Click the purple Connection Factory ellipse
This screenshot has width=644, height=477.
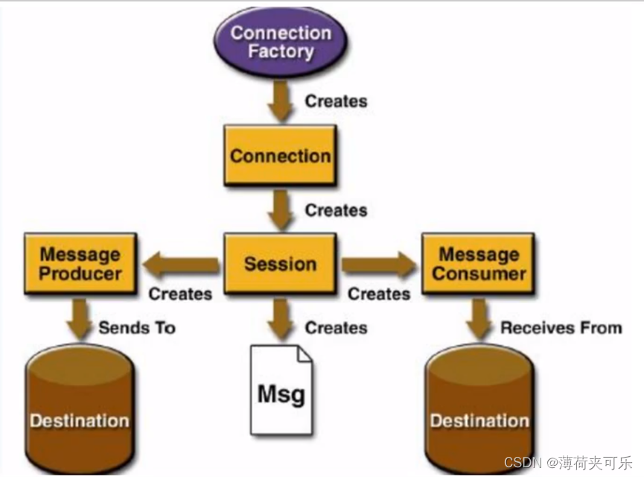pos(281,42)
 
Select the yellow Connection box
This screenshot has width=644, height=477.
pos(280,156)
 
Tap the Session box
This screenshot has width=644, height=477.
pos(280,263)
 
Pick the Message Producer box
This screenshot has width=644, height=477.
pos(80,263)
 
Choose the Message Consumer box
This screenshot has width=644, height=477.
pos(479,263)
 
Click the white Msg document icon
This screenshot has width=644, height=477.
pos(281,390)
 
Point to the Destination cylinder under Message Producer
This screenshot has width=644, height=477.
pos(80,408)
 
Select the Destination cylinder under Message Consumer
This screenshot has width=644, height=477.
pos(479,408)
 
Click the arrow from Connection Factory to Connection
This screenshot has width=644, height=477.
pos(280,101)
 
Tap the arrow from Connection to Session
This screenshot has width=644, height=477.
pos(280,210)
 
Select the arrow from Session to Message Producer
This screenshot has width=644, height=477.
pos(181,265)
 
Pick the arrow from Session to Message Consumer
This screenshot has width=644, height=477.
pos(379,265)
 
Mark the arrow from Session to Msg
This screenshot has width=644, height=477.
pos(280,319)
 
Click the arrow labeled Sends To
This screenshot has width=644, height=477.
pos(79,319)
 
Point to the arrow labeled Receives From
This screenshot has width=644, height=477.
pos(479,319)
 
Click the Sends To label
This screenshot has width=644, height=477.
pos(137,328)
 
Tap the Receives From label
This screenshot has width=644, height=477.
pos(561,328)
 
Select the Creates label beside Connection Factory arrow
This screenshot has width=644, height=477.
pos(336,101)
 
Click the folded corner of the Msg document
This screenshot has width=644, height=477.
pos(305,354)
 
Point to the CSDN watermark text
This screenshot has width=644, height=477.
pos(568,463)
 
